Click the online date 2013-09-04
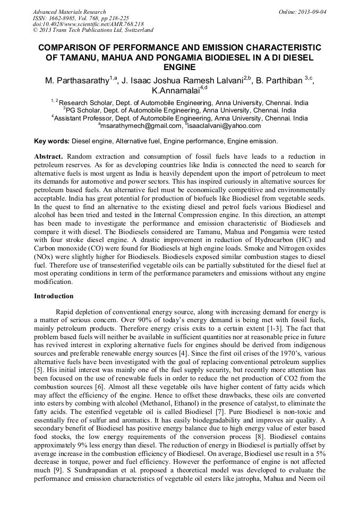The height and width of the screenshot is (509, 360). pos(312,12)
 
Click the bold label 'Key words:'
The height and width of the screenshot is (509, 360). pos(52,141)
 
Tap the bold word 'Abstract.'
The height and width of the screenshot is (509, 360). pos(49,157)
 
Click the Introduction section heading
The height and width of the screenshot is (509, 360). pos(54,296)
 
